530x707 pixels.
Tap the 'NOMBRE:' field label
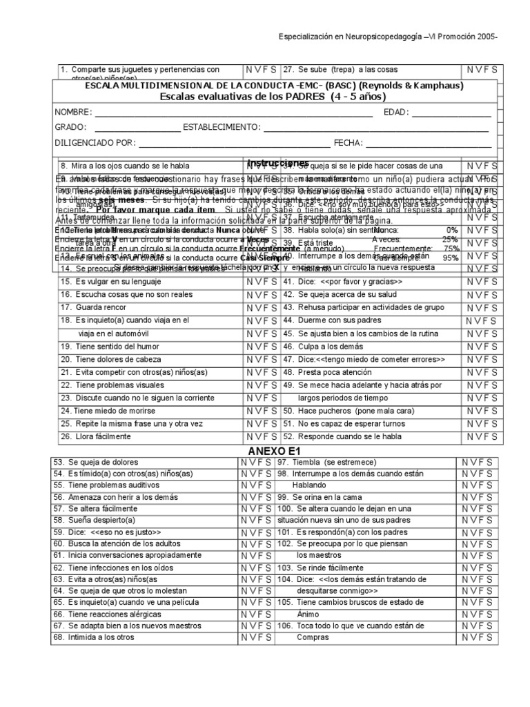click(x=73, y=112)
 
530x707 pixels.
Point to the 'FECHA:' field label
click(x=348, y=143)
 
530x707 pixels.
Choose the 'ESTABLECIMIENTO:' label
click(x=223, y=127)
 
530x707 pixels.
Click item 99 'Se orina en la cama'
click(x=328, y=496)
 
